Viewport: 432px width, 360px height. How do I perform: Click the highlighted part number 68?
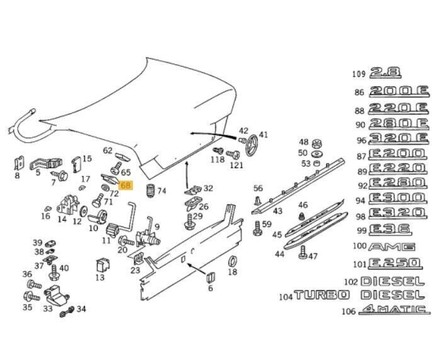pos(125,186)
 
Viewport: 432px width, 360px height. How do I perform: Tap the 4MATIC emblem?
pos(394,309)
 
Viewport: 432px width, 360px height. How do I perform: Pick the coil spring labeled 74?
pos(149,191)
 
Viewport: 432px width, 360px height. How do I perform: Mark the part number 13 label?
pos(100,278)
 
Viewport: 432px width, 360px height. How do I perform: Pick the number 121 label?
pos(236,166)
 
